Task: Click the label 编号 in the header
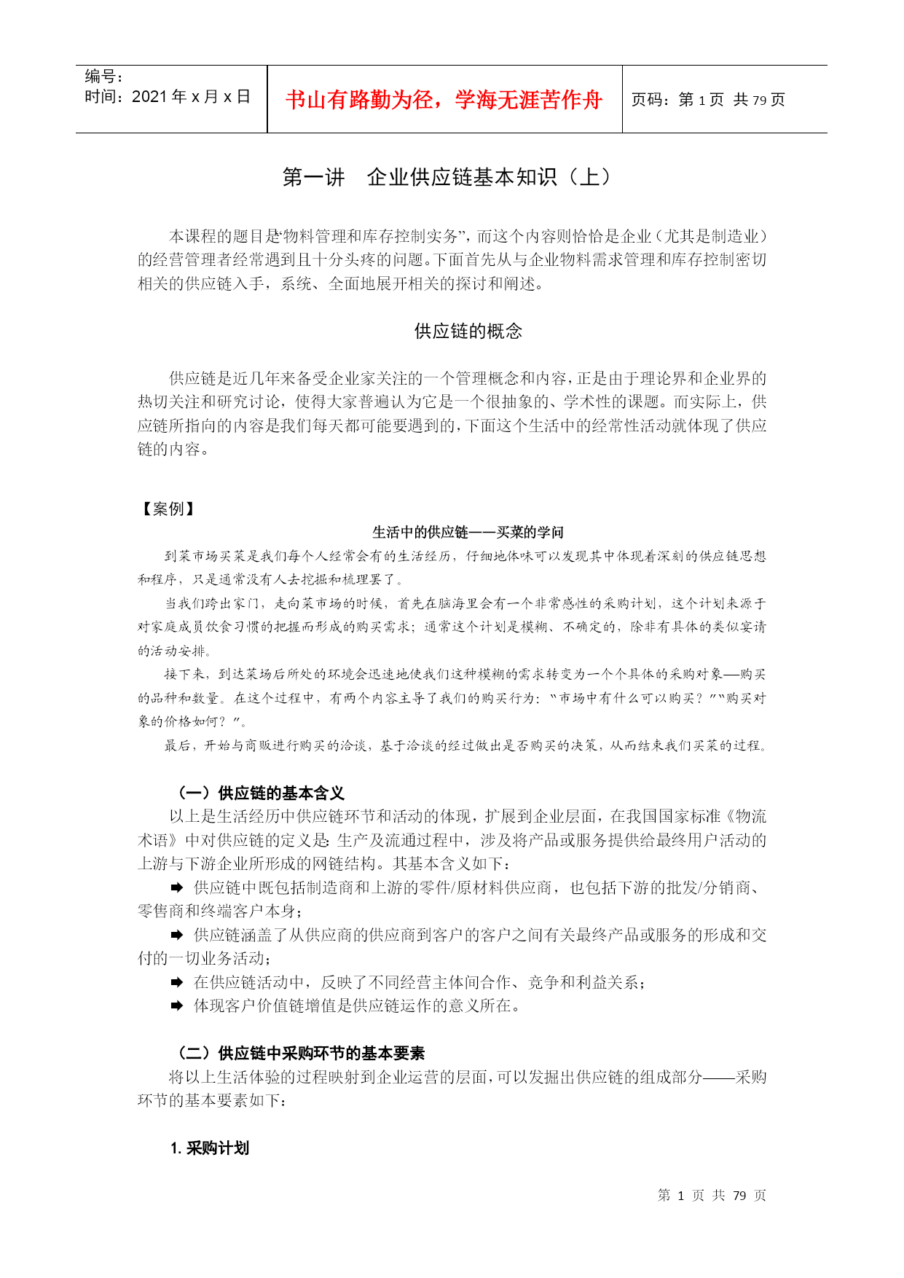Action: point(103,77)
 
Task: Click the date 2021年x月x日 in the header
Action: point(168,97)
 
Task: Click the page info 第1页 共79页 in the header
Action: point(708,100)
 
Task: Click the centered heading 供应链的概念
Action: point(468,332)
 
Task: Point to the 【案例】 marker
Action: point(168,509)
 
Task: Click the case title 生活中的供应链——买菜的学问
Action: point(468,533)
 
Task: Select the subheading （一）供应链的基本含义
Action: point(261,793)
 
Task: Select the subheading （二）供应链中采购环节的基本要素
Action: point(301,1053)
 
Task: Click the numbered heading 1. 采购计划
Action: point(210,1148)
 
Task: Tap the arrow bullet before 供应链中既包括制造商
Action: point(177,887)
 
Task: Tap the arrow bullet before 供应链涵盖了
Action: point(177,935)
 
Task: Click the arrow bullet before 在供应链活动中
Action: point(177,983)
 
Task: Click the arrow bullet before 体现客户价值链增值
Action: point(177,1006)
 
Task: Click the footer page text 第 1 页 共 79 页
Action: point(712,1196)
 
